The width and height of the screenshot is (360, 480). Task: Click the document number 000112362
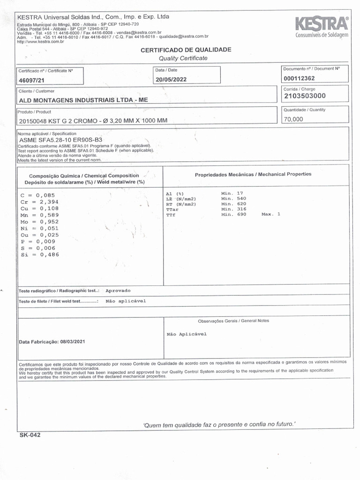coord(300,78)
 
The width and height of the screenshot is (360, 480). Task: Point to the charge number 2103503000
coord(305,96)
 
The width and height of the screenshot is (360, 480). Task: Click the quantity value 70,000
coord(293,119)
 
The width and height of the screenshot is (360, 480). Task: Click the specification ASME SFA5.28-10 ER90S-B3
coord(60,140)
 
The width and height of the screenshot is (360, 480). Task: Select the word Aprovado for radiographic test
coord(118,291)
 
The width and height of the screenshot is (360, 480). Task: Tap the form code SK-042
coord(30,435)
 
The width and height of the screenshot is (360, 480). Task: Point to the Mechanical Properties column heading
coord(253,174)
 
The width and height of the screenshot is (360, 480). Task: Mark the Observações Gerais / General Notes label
coord(233,321)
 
